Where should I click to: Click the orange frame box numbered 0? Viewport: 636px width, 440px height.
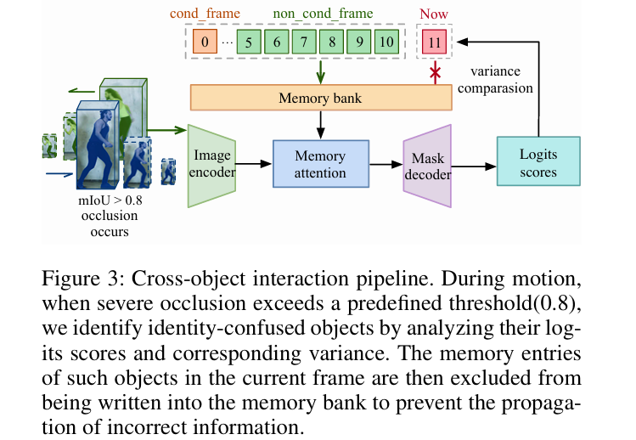[x=205, y=42]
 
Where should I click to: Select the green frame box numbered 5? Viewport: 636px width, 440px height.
[x=249, y=42]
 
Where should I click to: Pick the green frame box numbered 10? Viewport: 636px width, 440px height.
[x=386, y=42]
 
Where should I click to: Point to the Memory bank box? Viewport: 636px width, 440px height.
[x=320, y=98]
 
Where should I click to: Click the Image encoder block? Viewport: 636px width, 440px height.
[x=211, y=166]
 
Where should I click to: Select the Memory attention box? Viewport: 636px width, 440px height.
[x=320, y=165]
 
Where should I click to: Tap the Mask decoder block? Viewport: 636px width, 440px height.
[x=428, y=166]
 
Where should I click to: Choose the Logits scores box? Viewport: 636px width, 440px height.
[x=538, y=162]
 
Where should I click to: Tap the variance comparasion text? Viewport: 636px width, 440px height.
[x=501, y=81]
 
